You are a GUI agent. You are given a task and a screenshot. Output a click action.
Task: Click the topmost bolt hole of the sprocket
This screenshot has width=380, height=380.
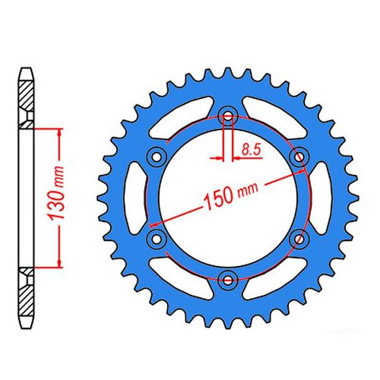coord(227,116)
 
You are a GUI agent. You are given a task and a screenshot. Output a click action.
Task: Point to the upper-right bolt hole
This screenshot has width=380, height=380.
coord(298,156)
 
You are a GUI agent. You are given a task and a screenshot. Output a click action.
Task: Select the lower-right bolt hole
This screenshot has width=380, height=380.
coord(298,238)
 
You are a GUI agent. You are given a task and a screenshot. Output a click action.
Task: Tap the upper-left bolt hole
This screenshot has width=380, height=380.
coord(157,156)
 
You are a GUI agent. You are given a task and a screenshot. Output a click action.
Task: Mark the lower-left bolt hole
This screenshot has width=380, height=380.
coord(157,239)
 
